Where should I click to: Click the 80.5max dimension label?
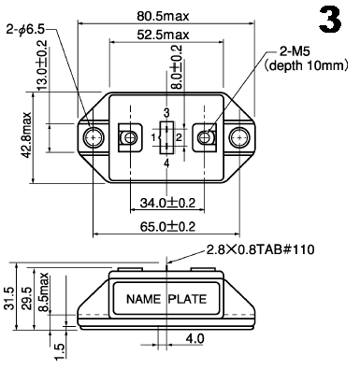pos(163,16)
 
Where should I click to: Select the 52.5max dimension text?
pos(163,35)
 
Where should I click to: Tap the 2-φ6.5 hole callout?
pos(25,30)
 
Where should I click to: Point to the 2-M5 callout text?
pos(295,51)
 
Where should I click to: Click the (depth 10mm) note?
pos(306,65)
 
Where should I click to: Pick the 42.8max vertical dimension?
pos(26,135)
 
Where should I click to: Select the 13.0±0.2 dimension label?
pos(42,65)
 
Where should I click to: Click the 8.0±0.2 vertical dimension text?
pos(177,67)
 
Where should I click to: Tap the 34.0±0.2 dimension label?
pos(167,203)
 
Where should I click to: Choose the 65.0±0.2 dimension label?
pos(167,226)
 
